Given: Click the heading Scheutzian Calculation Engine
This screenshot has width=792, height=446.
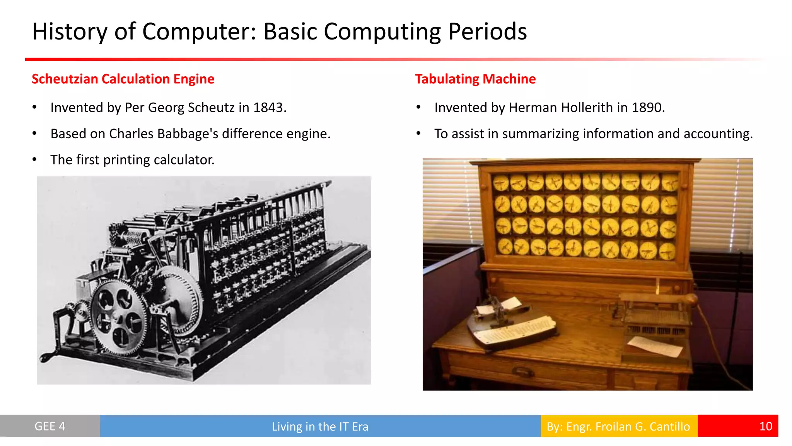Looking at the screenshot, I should pos(123,79).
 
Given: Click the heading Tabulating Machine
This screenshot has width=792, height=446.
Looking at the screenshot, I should pos(475,79).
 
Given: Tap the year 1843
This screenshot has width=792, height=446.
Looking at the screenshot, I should pos(269,108).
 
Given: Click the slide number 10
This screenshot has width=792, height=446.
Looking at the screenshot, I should pos(765,426).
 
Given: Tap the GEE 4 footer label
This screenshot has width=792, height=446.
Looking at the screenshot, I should pos(50,426).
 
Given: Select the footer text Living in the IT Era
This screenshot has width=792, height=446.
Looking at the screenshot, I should pos(320,427).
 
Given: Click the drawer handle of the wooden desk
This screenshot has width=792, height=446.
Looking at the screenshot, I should pos(522,372).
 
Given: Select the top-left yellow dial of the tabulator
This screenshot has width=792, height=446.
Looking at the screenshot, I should pos(501,183).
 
